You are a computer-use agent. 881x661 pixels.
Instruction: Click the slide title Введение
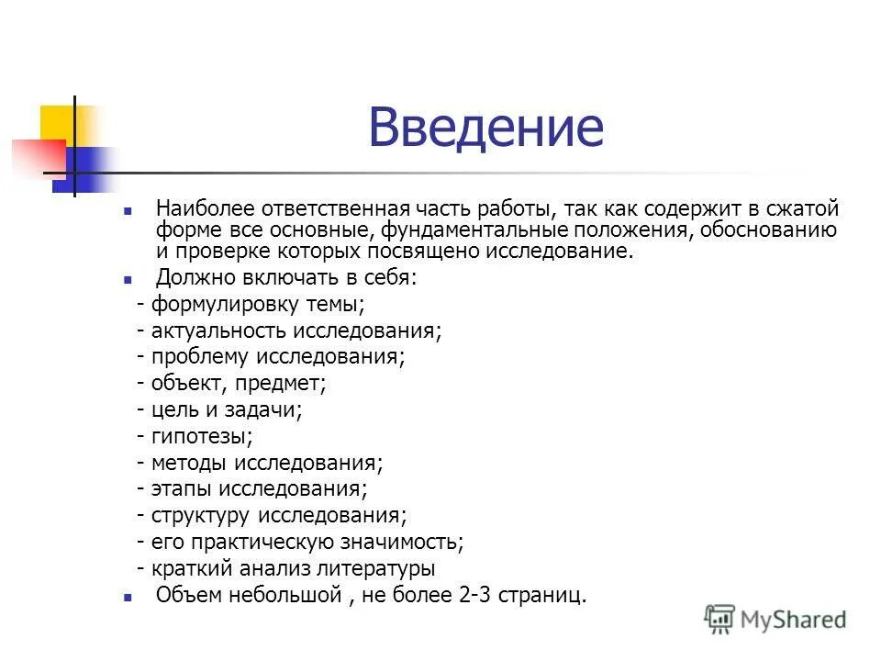tap(486, 128)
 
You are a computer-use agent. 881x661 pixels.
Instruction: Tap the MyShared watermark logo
tap(775, 620)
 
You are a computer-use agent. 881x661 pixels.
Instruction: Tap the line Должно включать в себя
tap(286, 277)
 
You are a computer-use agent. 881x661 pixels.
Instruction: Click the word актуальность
tap(216, 330)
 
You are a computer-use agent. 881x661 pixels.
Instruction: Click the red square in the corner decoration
tap(35, 157)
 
